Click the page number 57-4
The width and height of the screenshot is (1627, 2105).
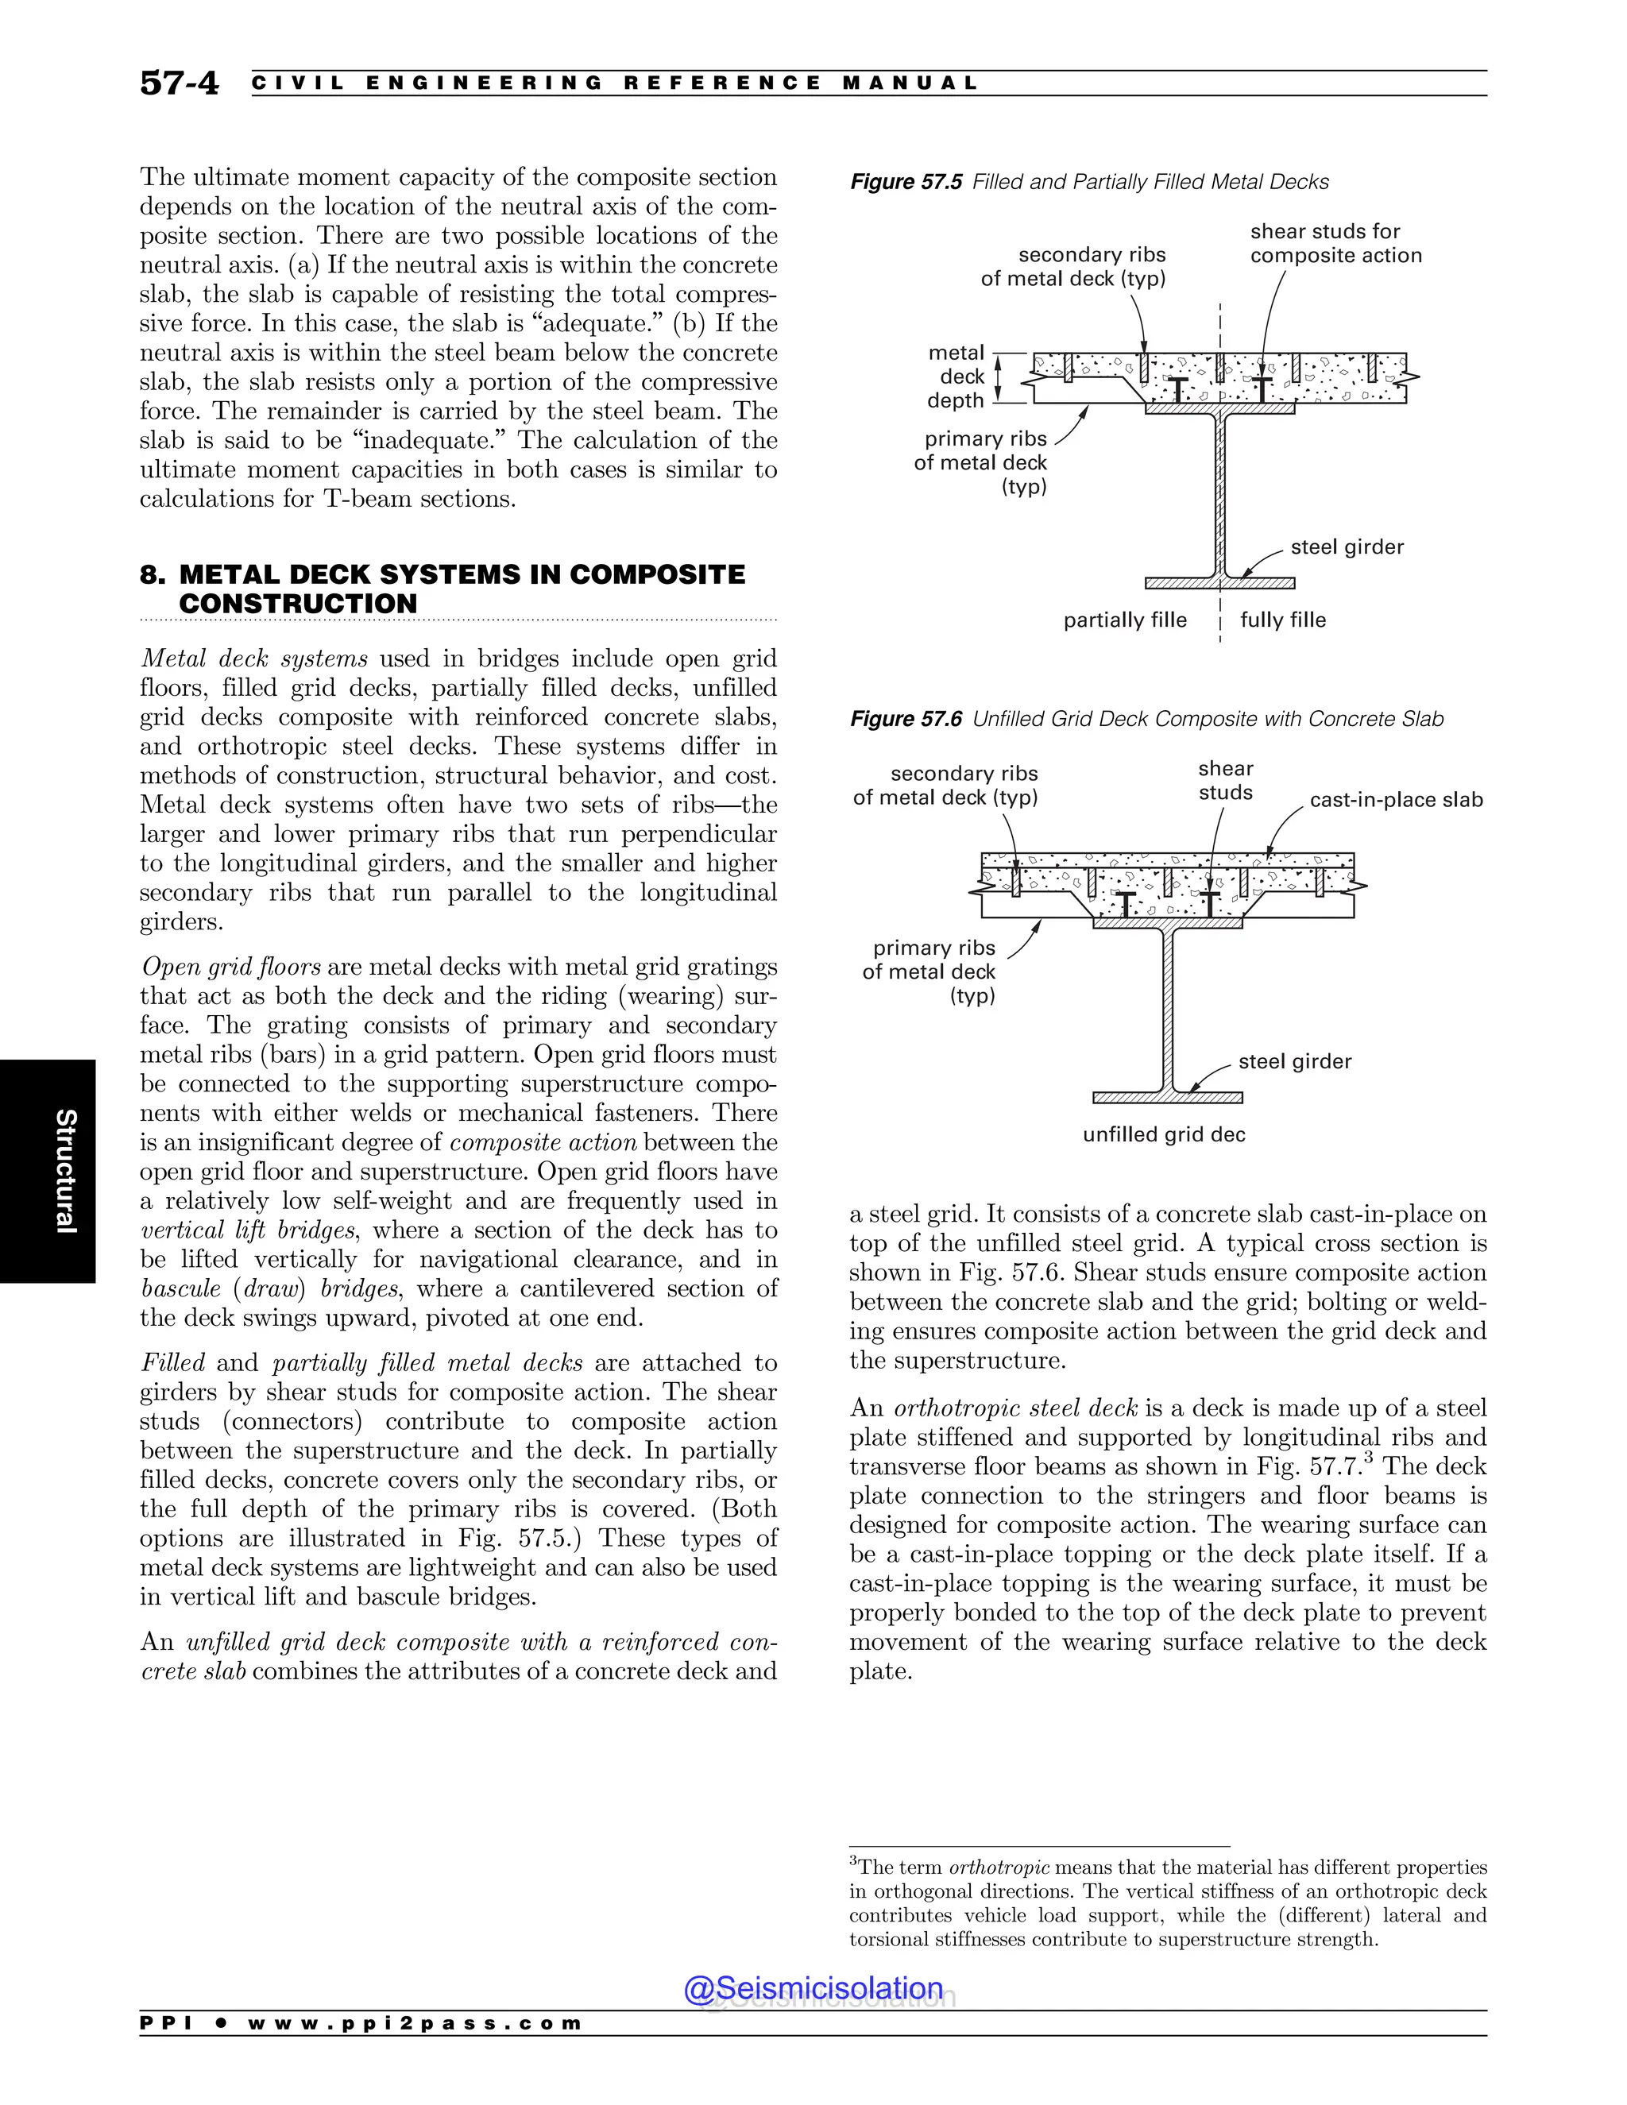coord(180,83)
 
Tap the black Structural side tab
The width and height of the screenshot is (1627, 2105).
coord(48,1171)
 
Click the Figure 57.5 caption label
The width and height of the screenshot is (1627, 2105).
coord(905,182)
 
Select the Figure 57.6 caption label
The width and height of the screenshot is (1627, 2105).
coord(905,719)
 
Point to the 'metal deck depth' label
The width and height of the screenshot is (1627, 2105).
coord(956,377)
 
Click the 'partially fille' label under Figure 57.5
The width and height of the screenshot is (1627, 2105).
coord(1125,620)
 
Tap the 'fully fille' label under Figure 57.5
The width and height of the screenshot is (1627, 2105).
coord(1283,620)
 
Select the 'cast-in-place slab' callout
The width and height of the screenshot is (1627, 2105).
coord(1396,800)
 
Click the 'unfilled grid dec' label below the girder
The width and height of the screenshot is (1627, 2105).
coord(1163,1134)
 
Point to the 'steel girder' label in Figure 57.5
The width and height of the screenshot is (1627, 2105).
coord(1347,547)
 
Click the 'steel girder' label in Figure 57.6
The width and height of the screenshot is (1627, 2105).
coord(1294,1061)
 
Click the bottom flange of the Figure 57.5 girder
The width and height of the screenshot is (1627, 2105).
coord(1219,583)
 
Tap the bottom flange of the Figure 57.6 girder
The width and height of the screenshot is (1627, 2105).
coord(1167,1098)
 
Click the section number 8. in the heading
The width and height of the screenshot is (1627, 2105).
coord(153,575)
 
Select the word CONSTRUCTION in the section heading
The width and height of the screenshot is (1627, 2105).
coord(298,604)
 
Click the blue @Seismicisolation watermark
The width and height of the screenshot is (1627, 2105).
coord(813,1988)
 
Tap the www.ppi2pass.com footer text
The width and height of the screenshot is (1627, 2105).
coord(415,2023)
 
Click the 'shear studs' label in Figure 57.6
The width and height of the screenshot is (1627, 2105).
coord(1225,781)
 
